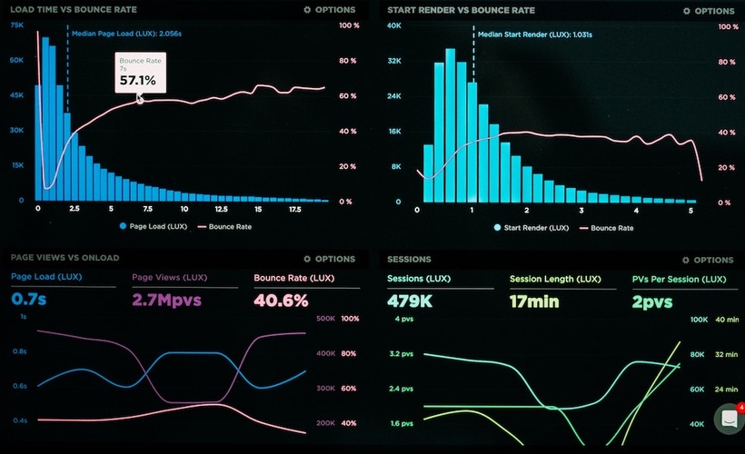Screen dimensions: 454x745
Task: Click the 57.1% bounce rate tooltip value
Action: click(x=137, y=81)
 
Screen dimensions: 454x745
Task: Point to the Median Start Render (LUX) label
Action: click(x=534, y=35)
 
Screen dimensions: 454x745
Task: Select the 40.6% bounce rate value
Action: click(x=281, y=300)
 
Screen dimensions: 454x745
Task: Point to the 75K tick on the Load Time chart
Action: click(x=16, y=25)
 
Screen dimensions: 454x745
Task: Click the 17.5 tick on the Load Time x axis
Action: click(x=294, y=209)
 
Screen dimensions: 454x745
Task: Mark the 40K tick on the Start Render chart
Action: click(x=393, y=25)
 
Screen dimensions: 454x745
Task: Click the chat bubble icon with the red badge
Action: click(x=729, y=419)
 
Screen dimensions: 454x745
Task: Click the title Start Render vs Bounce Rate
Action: click(x=461, y=10)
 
